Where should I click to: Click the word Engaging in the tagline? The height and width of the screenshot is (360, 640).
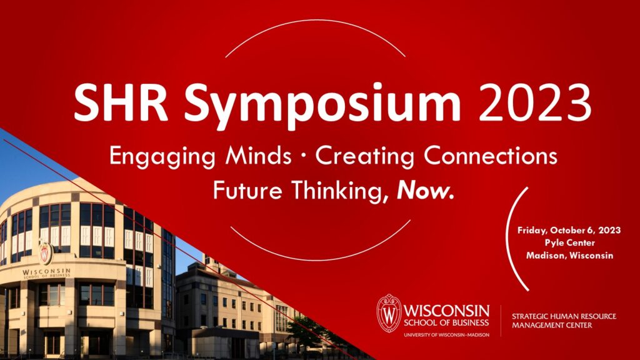pyautogui.click(x=162, y=157)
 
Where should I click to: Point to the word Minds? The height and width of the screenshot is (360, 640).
pyautogui.click(x=258, y=156)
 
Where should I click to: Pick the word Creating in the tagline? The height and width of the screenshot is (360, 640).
pyautogui.click(x=365, y=157)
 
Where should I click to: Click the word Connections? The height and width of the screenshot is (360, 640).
pyautogui.click(x=490, y=156)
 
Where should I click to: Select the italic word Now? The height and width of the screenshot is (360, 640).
pyautogui.click(x=425, y=191)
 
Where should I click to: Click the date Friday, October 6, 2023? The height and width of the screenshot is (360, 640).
pyautogui.click(x=569, y=231)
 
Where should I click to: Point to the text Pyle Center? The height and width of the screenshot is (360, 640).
pyautogui.click(x=569, y=243)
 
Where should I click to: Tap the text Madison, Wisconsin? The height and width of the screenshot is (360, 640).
pyautogui.click(x=569, y=256)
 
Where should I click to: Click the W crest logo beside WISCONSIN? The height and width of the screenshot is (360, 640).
pyautogui.click(x=389, y=313)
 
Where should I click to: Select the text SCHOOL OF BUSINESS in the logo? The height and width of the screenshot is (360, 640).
pyautogui.click(x=446, y=322)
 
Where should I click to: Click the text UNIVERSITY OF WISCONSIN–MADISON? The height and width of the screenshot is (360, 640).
pyautogui.click(x=446, y=335)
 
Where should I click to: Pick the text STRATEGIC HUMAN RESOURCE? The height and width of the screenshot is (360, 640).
pyautogui.click(x=564, y=316)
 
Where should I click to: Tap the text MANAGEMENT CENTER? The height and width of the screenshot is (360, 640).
pyautogui.click(x=552, y=325)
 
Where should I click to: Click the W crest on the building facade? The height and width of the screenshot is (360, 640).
pyautogui.click(x=45, y=253)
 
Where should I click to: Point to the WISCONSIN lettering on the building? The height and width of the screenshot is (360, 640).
pyautogui.click(x=46, y=271)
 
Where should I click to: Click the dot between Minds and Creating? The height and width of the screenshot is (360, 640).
pyautogui.click(x=303, y=156)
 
